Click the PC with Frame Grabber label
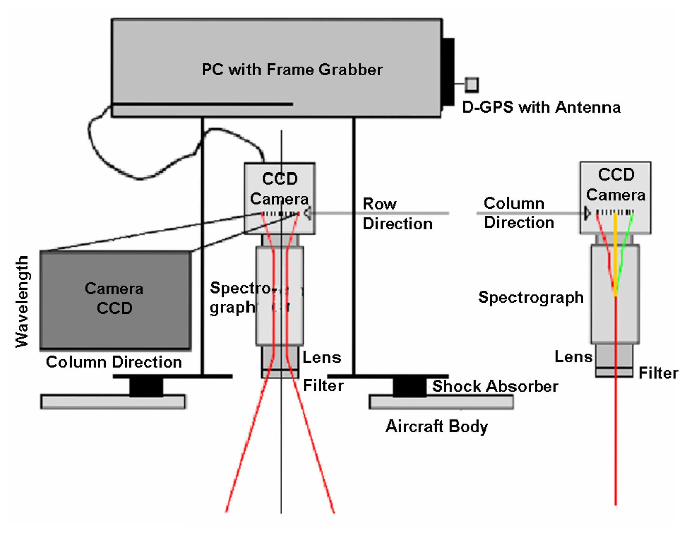coord(292,70)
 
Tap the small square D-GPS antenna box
coord(471,84)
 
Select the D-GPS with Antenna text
coord(541,107)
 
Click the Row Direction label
coord(397,214)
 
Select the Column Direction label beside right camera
coord(519,213)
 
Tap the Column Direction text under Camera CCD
coord(114,362)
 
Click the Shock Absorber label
coord(495,386)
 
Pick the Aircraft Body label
coord(437,426)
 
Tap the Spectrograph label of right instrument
coord(531,297)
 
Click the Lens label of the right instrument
coord(573,357)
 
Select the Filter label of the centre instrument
coord(323,385)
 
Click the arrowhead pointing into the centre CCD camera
coord(307,213)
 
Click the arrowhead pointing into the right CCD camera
coord(587,213)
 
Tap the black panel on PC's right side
coord(448,72)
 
